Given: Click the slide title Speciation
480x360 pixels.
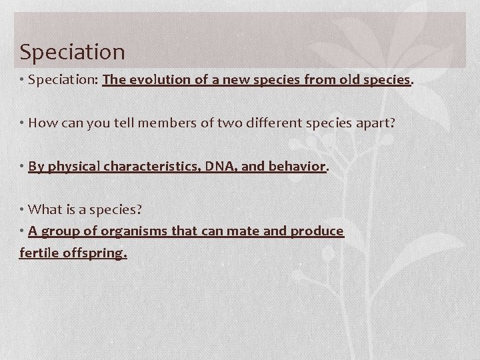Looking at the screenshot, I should (72, 51).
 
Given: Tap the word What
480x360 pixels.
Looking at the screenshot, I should (45, 209).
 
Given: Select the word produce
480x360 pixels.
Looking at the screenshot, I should (317, 231).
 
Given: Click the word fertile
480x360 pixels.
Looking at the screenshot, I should (39, 253).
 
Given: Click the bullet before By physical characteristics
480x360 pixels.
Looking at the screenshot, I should (22, 167).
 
